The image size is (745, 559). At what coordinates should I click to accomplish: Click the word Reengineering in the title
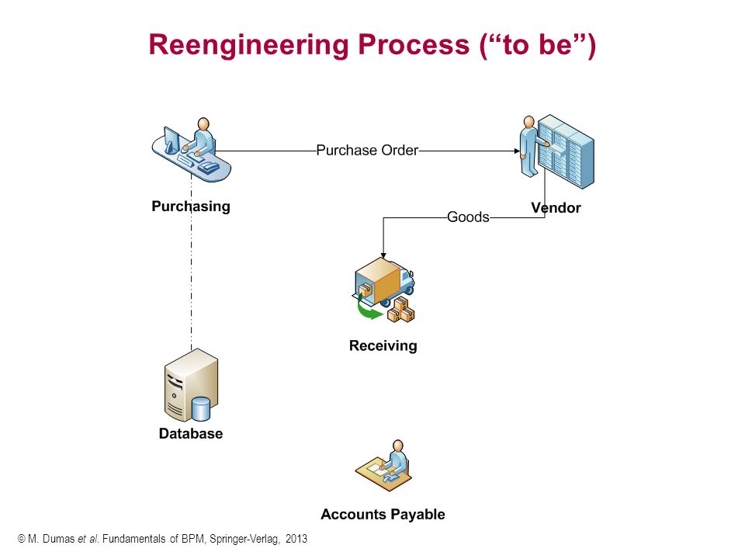pyautogui.click(x=249, y=46)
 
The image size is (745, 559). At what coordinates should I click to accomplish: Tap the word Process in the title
pyautogui.click(x=414, y=44)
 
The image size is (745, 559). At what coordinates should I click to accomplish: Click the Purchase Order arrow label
pyautogui.click(x=367, y=150)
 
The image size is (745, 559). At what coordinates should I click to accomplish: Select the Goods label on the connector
pyautogui.click(x=468, y=217)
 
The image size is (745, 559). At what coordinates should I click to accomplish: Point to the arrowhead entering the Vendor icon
pyautogui.click(x=517, y=151)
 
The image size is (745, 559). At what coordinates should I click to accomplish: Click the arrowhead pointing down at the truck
pyautogui.click(x=383, y=255)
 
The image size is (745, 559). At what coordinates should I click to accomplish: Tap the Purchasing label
pyautogui.click(x=191, y=207)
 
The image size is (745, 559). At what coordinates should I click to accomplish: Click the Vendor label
pyautogui.click(x=556, y=208)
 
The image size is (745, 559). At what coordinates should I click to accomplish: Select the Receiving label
pyautogui.click(x=383, y=345)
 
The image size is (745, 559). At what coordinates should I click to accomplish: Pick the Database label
pyautogui.click(x=191, y=433)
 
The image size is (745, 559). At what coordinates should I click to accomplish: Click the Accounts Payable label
pyautogui.click(x=383, y=514)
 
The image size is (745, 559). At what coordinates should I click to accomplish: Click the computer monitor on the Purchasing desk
pyautogui.click(x=171, y=140)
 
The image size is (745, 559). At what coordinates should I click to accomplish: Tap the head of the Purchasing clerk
pyautogui.click(x=203, y=123)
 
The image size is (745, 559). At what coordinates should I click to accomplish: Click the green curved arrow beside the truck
pyautogui.click(x=368, y=308)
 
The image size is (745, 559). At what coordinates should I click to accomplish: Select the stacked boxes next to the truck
pyautogui.click(x=401, y=310)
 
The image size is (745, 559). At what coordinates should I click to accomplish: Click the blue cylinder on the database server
pyautogui.click(x=200, y=409)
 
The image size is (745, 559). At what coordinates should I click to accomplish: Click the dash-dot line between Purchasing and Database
pyautogui.click(x=192, y=262)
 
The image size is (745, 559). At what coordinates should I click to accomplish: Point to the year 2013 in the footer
pyautogui.click(x=296, y=539)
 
